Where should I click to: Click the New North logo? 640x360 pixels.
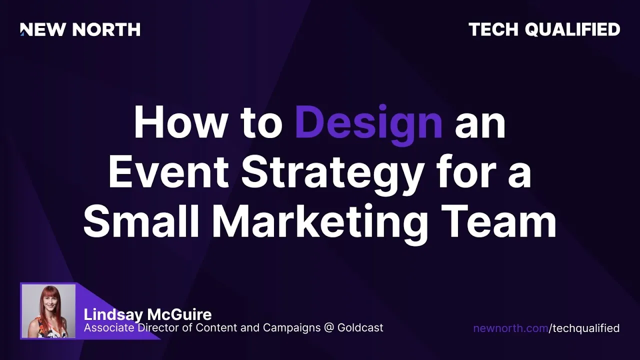(x=80, y=29)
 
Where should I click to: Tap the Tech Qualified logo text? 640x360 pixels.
(x=544, y=29)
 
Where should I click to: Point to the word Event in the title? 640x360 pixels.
(x=169, y=171)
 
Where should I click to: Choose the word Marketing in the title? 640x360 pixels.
(x=319, y=224)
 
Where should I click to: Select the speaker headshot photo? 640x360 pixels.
(x=48, y=311)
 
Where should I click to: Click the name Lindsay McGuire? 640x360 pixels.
(x=147, y=315)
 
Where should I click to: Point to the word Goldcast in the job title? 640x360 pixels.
(x=360, y=327)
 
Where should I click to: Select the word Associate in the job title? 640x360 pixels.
(x=109, y=327)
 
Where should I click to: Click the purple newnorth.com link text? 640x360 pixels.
(x=510, y=328)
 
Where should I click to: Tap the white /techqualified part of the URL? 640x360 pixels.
(x=584, y=329)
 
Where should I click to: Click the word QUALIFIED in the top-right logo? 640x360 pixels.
(x=572, y=29)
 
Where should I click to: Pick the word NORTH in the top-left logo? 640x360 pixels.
(x=106, y=29)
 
